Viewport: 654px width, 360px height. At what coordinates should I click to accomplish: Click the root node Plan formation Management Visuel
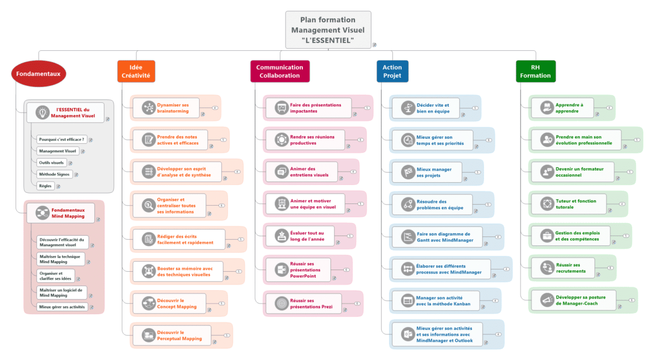click(328, 30)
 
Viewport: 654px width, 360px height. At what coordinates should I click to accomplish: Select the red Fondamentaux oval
click(39, 74)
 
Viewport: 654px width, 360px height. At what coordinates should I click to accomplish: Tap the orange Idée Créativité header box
click(136, 72)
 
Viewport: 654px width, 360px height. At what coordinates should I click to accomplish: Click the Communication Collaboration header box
click(279, 72)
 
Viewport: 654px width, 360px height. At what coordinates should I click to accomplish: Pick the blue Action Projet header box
click(392, 72)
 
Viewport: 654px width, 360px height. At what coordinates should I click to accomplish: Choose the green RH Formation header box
click(535, 72)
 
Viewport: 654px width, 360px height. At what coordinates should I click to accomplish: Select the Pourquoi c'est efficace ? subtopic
click(61, 139)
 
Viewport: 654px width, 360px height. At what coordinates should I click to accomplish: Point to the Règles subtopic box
click(45, 186)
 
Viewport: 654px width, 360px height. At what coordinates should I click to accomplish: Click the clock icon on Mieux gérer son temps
click(407, 140)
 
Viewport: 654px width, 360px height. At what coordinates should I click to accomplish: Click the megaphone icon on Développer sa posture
click(546, 300)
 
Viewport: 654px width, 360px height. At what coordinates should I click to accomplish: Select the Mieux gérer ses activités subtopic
click(61, 307)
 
